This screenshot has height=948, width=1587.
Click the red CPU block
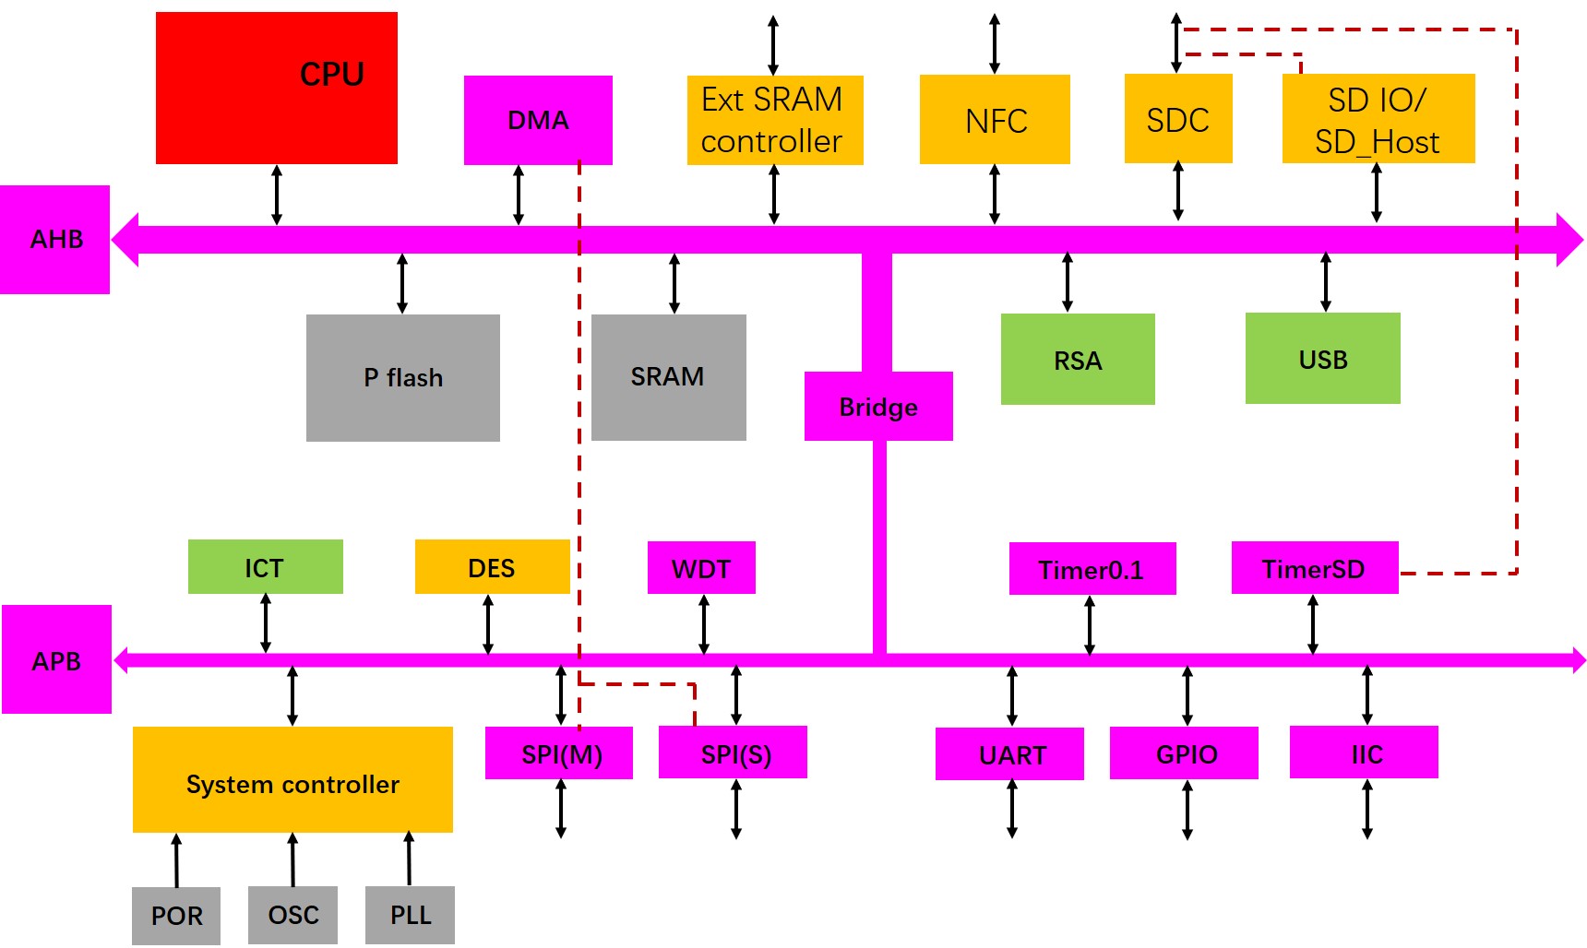pos(276,89)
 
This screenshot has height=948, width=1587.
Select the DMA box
pos(538,120)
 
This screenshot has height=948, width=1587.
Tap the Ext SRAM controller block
pos(774,121)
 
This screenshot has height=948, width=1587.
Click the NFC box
pos(995,120)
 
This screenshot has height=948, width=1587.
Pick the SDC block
pos(1178,119)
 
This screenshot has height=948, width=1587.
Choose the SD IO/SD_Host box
pos(1378,119)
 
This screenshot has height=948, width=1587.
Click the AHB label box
pos(55,240)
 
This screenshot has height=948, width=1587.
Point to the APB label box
pos(56,660)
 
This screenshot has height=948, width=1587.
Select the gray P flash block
pos(403,378)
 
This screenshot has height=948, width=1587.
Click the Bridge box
pos(877,407)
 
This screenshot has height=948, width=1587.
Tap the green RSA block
pos(1078,360)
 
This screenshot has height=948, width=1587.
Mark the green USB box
pos(1322,359)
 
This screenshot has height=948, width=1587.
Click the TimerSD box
pos(1314,568)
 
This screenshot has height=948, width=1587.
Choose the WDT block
pos(701,568)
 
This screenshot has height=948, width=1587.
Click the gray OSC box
pos(292,915)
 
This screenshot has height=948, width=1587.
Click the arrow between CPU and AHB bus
pos(277,195)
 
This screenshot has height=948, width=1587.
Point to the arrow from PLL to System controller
pos(409,859)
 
